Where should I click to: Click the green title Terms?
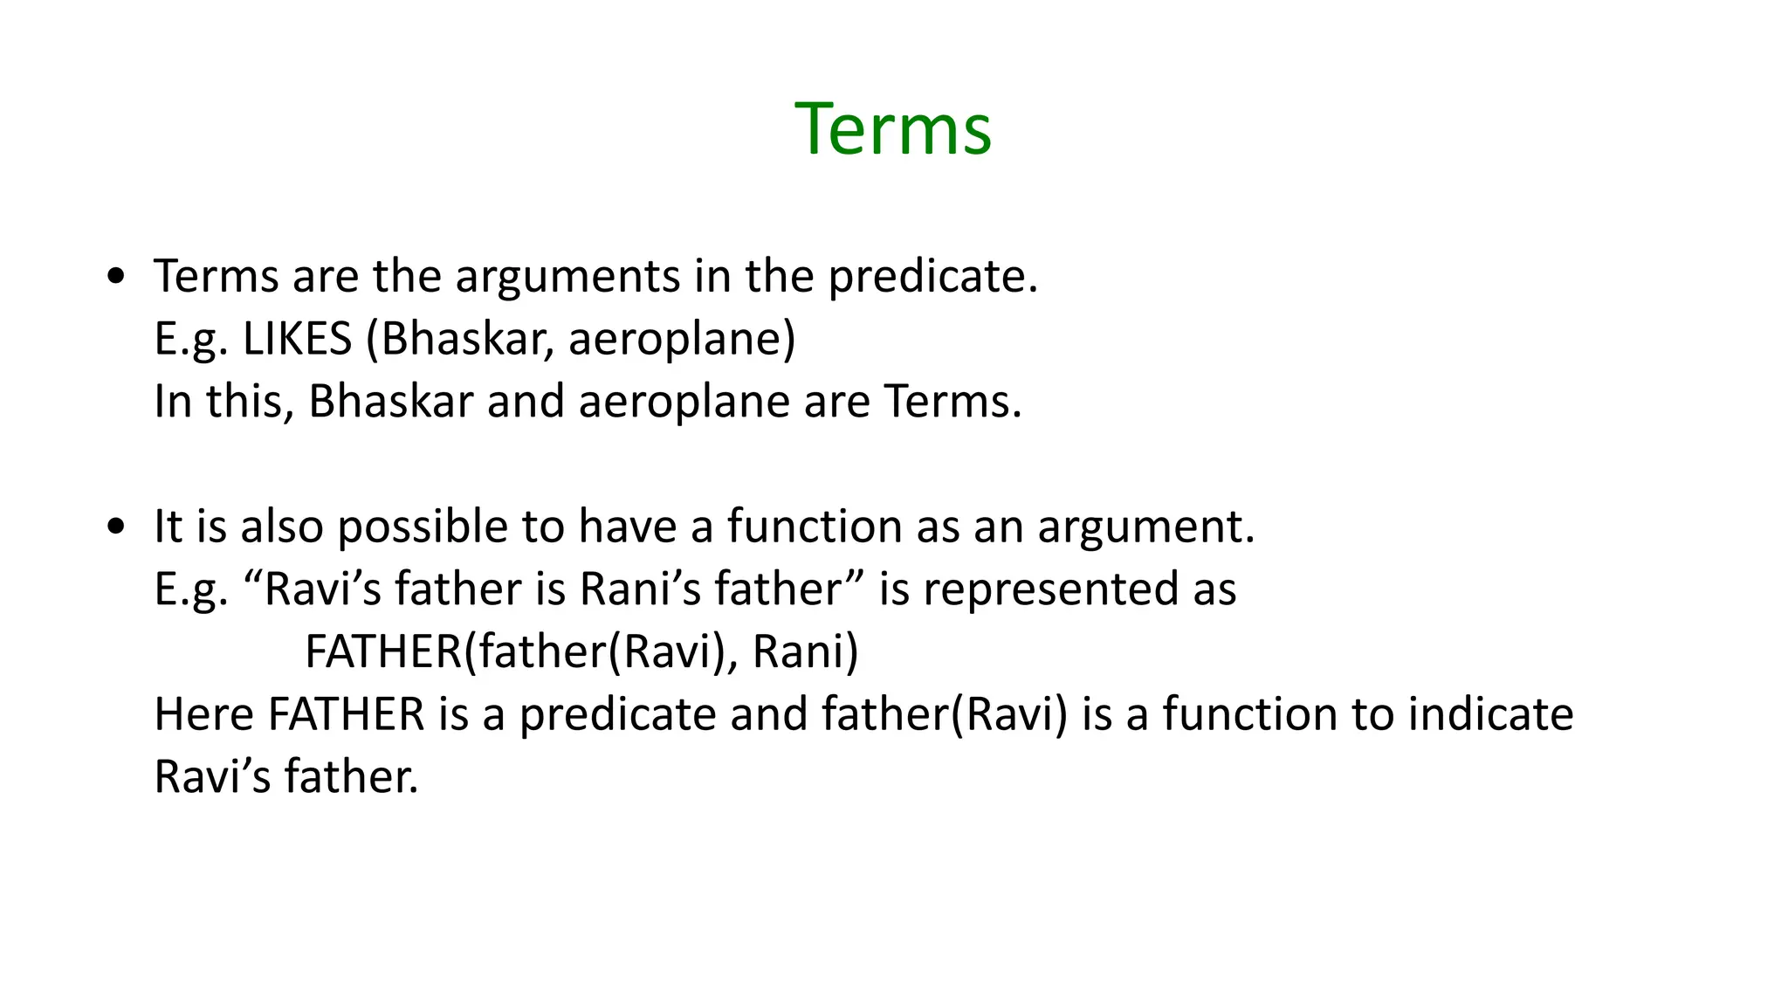point(892,129)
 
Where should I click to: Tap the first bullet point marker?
point(116,278)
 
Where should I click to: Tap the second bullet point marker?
point(116,527)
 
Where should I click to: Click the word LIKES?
point(297,339)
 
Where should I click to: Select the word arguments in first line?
point(567,278)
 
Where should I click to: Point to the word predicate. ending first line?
point(932,278)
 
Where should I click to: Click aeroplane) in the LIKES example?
point(682,339)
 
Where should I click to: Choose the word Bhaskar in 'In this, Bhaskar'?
point(390,402)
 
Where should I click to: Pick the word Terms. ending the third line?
point(952,402)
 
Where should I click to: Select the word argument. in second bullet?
point(1145,527)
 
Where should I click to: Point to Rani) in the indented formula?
point(805,652)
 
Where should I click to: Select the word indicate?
point(1490,714)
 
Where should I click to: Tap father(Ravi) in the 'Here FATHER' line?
point(945,714)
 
